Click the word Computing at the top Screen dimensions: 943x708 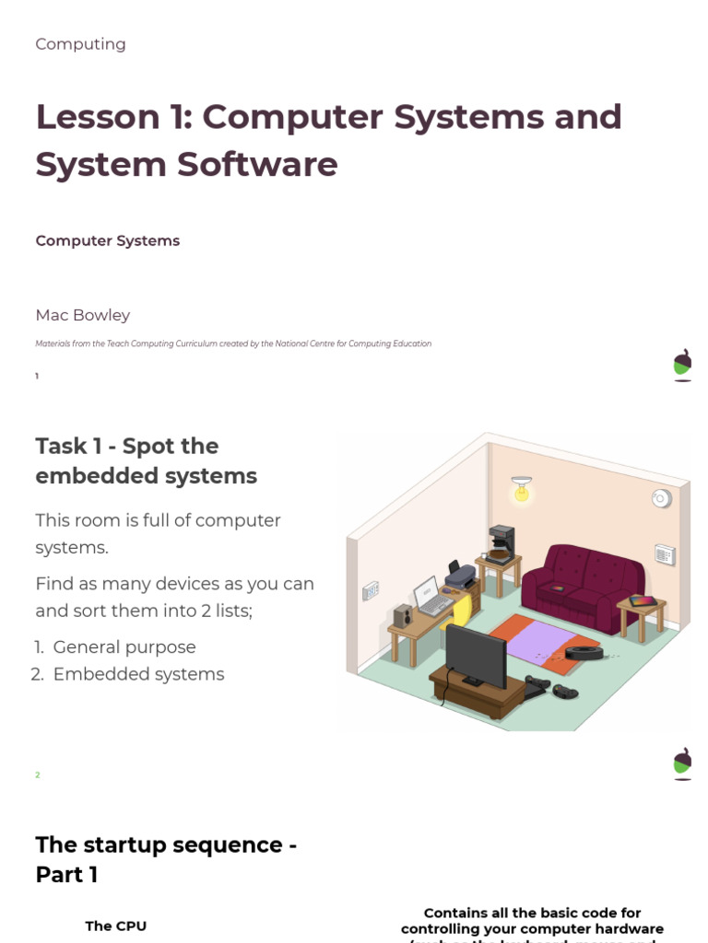pos(80,44)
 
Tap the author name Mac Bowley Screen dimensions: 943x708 pos(82,315)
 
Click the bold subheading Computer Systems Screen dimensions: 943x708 pos(107,241)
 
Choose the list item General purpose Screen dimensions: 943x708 pos(124,647)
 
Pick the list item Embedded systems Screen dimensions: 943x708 pos(138,674)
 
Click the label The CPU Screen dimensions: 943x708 pos(115,926)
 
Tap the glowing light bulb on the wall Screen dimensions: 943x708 pos(522,492)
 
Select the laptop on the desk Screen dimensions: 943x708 pos(431,597)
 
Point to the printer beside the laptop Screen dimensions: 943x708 pos(459,576)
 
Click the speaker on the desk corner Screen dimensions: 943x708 pos(403,616)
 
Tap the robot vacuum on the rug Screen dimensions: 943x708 pos(584,653)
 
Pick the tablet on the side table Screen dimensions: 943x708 pos(642,601)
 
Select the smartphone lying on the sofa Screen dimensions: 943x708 pos(559,587)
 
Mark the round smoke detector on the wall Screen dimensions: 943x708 pos(660,498)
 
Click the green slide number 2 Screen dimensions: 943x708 pos(38,775)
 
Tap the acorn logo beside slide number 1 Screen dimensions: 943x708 pos(682,365)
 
